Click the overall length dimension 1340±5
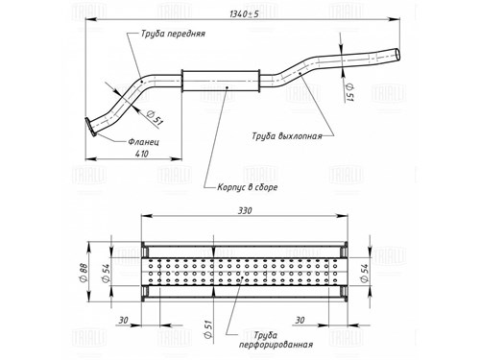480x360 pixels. [245, 14]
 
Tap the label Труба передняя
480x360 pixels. [173, 34]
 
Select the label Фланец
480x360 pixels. [143, 141]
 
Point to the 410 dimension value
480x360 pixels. [142, 154]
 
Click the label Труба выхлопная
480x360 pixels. [287, 136]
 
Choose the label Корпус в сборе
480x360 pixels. [248, 187]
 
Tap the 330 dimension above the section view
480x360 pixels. [245, 210]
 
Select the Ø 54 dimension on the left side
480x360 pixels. [106, 273]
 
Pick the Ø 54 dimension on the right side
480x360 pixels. [364, 273]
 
